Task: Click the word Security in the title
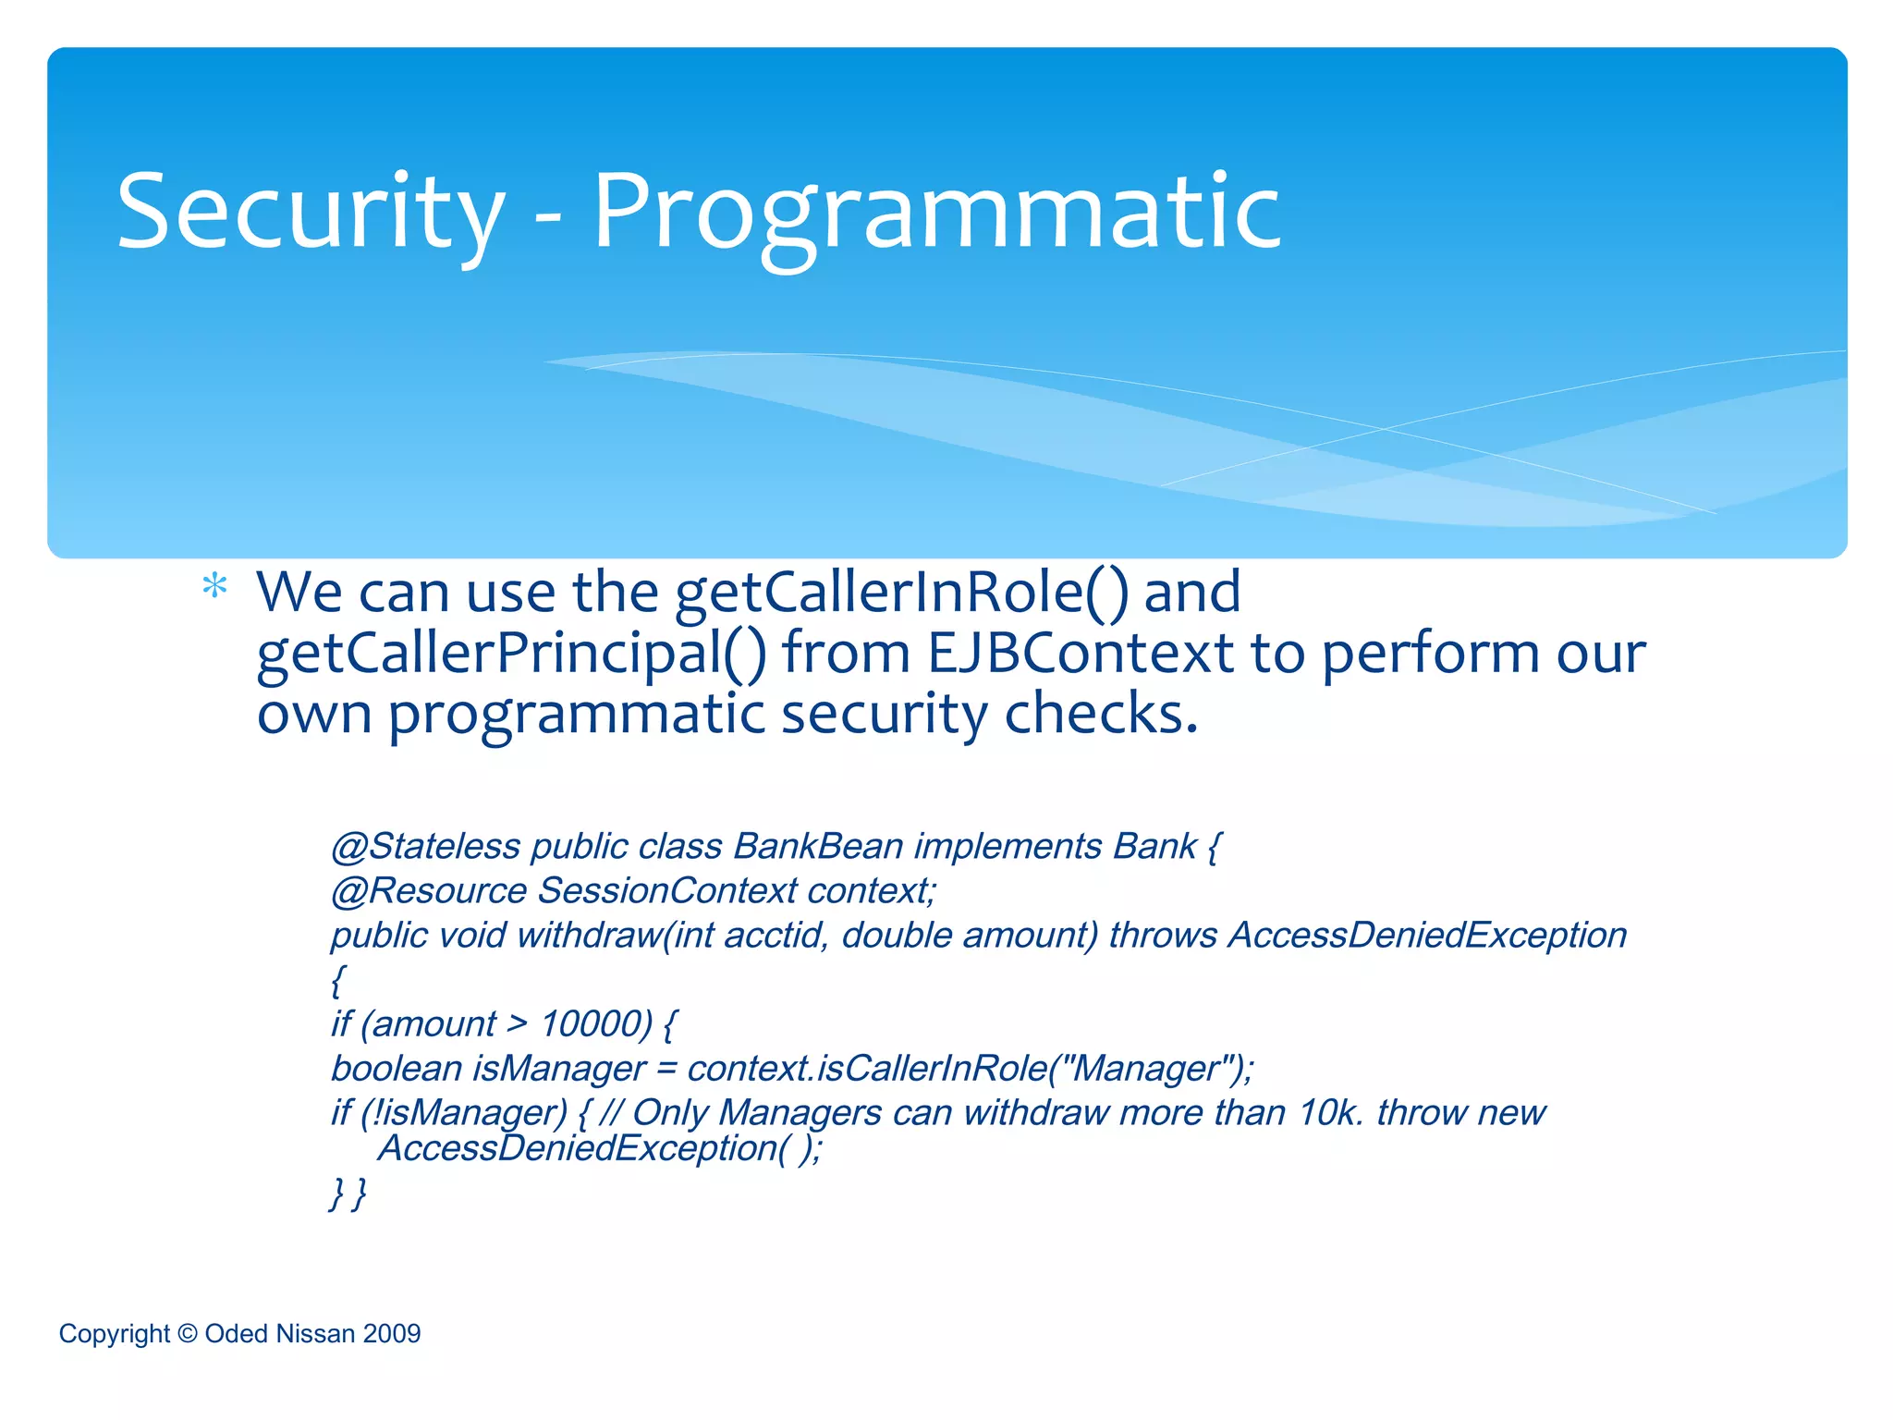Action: tap(311, 213)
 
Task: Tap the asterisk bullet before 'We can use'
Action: tap(214, 587)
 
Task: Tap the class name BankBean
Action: tap(818, 847)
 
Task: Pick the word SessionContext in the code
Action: tap(666, 891)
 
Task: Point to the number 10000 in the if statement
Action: tap(595, 1024)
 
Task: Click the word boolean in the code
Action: tap(397, 1069)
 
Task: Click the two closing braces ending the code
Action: tap(348, 1193)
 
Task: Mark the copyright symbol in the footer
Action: tap(188, 1333)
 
